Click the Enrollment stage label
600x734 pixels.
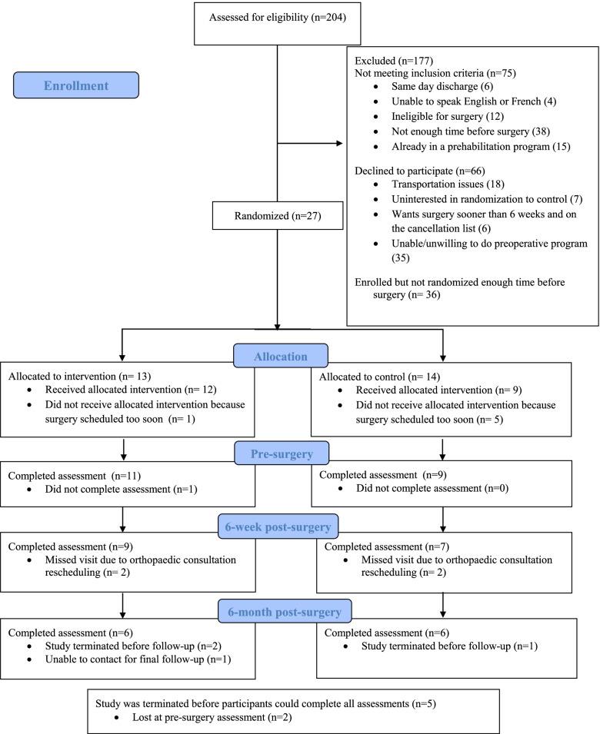click(x=75, y=85)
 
